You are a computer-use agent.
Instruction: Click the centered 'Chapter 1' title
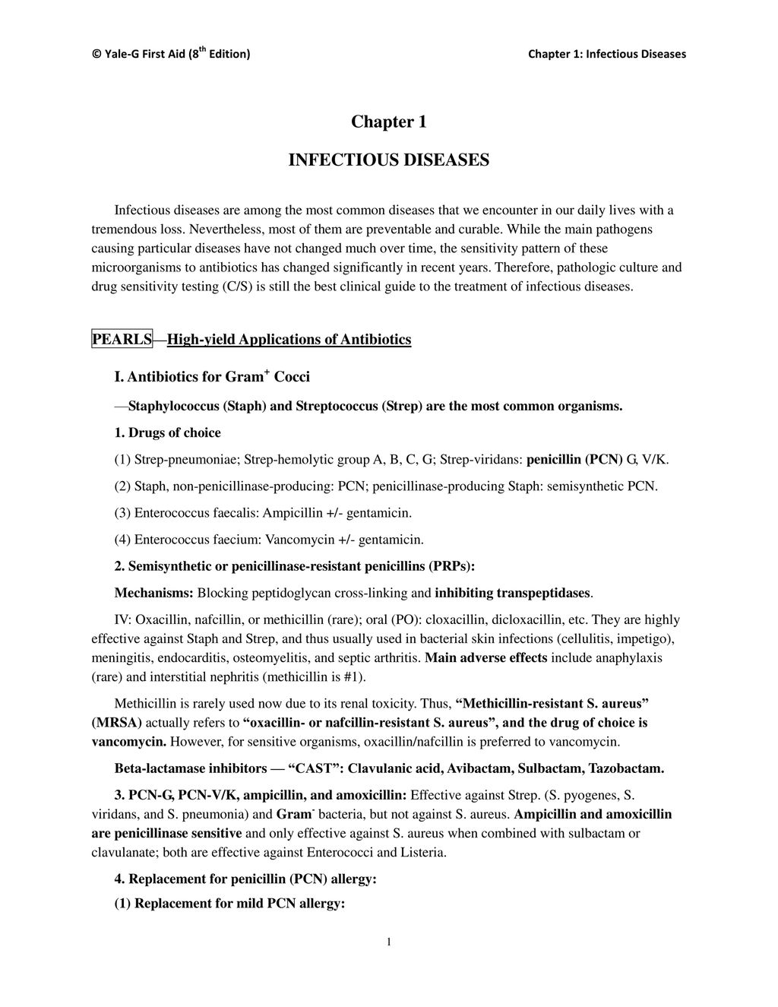(x=388, y=122)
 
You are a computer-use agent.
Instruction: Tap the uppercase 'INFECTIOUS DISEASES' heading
(x=388, y=160)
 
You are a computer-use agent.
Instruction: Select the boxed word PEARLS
(x=122, y=339)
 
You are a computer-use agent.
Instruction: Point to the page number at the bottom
(x=389, y=942)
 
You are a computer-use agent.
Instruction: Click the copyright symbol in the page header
(x=96, y=54)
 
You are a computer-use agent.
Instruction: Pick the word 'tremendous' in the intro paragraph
(x=122, y=229)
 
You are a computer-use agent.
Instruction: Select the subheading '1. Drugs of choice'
(x=167, y=432)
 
